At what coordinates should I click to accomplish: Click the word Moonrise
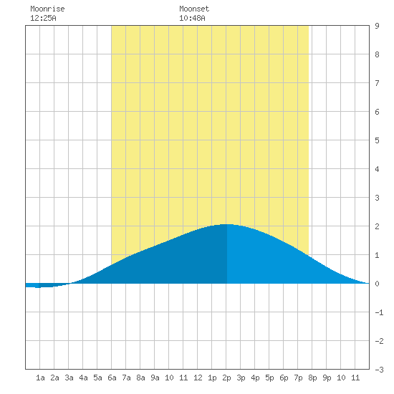pyautogui.click(x=47, y=9)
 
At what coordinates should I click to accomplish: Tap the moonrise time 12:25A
pyautogui.click(x=43, y=18)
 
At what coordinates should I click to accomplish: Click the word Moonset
pyautogui.click(x=194, y=9)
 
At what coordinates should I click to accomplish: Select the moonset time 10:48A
pyautogui.click(x=192, y=18)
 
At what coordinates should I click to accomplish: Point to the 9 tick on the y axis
pyautogui.click(x=377, y=26)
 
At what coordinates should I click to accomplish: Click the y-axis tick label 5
pyautogui.click(x=377, y=140)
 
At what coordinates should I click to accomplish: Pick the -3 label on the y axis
pyautogui.click(x=379, y=370)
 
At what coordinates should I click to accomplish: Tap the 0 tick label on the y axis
pyautogui.click(x=377, y=284)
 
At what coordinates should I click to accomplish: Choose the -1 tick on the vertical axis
pyautogui.click(x=379, y=312)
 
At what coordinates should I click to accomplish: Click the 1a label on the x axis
pyautogui.click(x=40, y=378)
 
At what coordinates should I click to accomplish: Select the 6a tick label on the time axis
pyautogui.click(x=112, y=378)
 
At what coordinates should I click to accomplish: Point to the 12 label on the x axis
pyautogui.click(x=198, y=378)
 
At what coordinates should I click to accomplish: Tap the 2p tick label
pyautogui.click(x=226, y=378)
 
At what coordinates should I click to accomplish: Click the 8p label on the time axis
pyautogui.click(x=312, y=378)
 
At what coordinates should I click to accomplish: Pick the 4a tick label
pyautogui.click(x=83, y=378)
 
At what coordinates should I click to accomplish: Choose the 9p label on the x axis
pyautogui.click(x=327, y=378)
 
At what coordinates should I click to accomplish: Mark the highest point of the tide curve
pyautogui.click(x=226, y=224)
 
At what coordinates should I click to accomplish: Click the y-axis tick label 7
pyautogui.click(x=377, y=83)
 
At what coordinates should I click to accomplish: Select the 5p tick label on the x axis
pyautogui.click(x=269, y=378)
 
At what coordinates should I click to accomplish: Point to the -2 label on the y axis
pyautogui.click(x=379, y=341)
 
